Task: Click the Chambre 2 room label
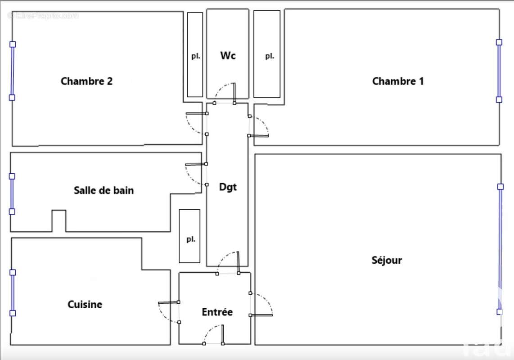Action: [x=86, y=81]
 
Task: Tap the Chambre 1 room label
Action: [x=398, y=81]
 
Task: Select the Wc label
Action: [x=228, y=56]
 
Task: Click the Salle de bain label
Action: [x=104, y=190]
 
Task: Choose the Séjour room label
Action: [x=387, y=260]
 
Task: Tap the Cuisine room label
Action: [x=85, y=305]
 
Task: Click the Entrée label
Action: [x=217, y=312]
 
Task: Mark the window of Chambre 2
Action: [x=13, y=71]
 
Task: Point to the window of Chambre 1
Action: [x=499, y=71]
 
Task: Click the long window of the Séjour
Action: [x=500, y=249]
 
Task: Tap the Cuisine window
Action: [x=13, y=292]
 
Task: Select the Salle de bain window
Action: [x=12, y=194]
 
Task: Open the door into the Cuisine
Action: [x=168, y=310]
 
